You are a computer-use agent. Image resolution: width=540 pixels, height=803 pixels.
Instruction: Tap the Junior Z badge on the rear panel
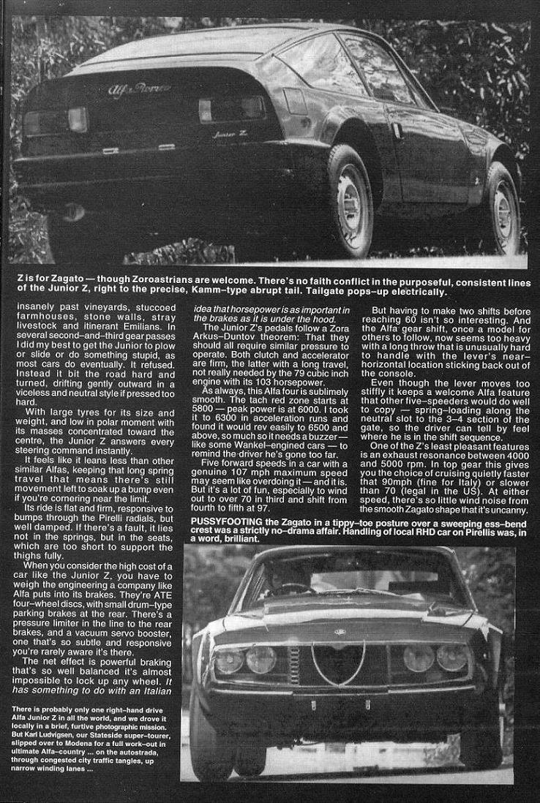pos(228,133)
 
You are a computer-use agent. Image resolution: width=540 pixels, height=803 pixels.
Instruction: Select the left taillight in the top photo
pos(57,120)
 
